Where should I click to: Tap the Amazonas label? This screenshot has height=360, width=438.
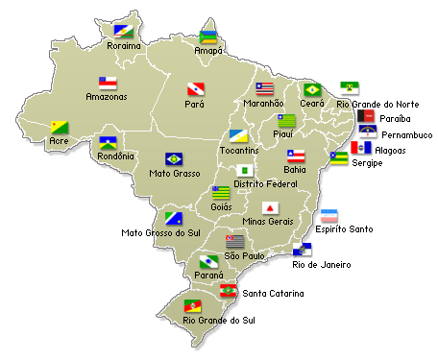coord(106,97)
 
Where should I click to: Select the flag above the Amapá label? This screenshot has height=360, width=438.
coord(207,37)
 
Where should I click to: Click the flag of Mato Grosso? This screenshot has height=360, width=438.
coord(174,158)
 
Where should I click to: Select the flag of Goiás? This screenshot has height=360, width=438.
coord(221,192)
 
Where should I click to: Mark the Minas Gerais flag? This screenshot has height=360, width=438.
coord(271,208)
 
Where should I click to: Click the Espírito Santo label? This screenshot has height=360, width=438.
coord(345,229)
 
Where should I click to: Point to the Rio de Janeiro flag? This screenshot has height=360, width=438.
coord(302,250)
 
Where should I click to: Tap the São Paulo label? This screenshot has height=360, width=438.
coord(244,256)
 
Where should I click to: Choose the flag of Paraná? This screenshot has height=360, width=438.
coord(208,261)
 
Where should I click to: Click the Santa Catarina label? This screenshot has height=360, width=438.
coord(273,293)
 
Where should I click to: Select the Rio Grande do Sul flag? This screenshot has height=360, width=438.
coord(193,305)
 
